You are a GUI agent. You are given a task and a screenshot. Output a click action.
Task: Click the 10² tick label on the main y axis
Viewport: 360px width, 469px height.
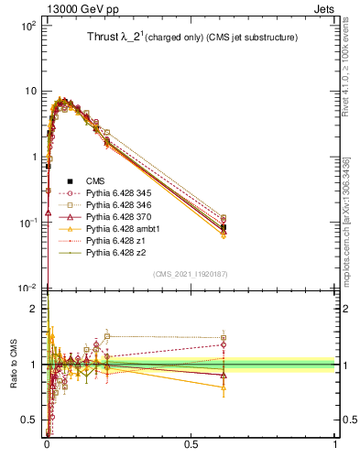[27, 26]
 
